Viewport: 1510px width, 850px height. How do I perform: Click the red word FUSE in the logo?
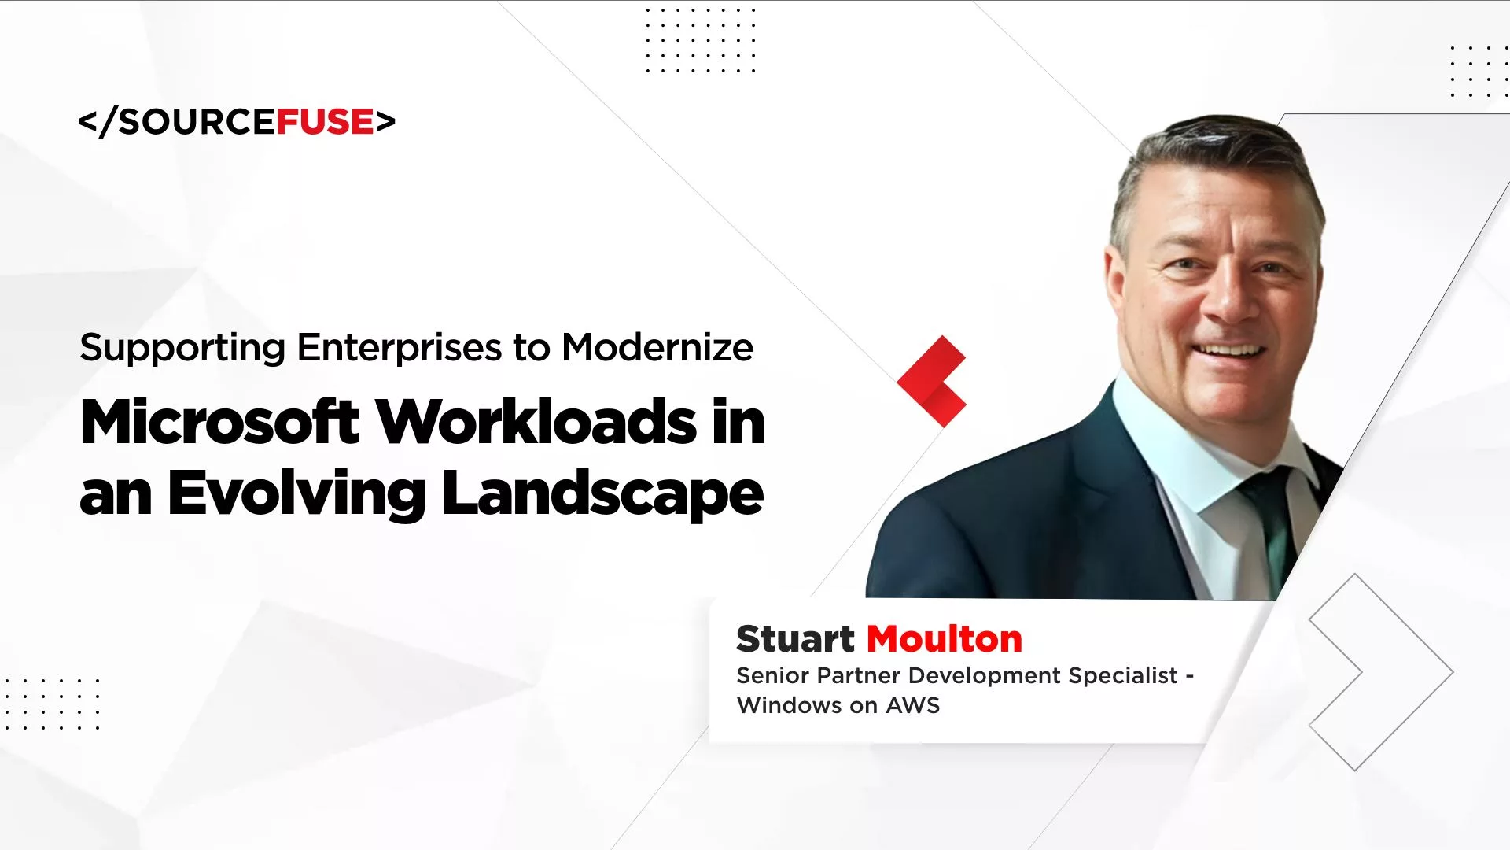pos(325,122)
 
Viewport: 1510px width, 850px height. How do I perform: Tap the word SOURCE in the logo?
pos(196,122)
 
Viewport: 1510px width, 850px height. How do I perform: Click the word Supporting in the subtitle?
pos(182,349)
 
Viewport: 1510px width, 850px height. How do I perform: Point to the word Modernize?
pos(657,347)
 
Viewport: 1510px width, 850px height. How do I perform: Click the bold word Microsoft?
pos(220,423)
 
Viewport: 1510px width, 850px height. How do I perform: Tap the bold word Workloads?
pos(537,423)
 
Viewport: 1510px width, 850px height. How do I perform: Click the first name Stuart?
pos(795,639)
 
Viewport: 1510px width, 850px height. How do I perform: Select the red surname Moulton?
pos(945,639)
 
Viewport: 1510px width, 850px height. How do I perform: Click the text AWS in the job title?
pos(913,705)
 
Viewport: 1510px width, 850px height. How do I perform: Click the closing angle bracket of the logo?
pos(385,122)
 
